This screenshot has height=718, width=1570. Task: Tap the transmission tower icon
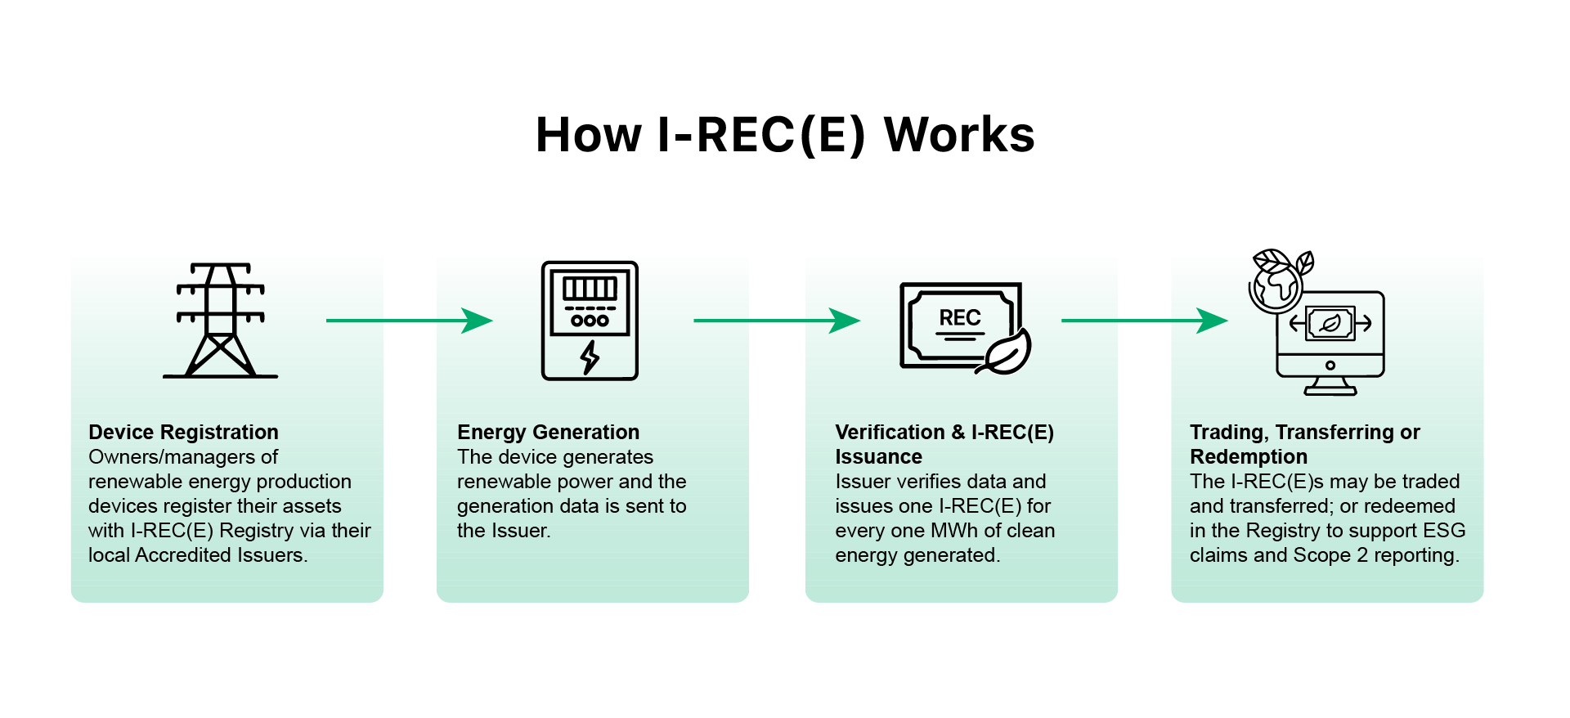(x=221, y=321)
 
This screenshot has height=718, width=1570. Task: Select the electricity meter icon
(x=590, y=321)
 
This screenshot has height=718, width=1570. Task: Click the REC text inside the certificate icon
(x=960, y=317)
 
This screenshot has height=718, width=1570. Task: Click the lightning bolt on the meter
(x=590, y=357)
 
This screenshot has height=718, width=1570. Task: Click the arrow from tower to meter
(x=410, y=321)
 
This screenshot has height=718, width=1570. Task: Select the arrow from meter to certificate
(x=777, y=321)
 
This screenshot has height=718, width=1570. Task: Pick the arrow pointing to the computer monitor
(x=1145, y=321)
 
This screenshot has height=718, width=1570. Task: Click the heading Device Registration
(x=183, y=432)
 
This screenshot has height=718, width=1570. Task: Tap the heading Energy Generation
(x=548, y=432)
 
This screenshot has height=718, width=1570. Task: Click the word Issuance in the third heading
(x=878, y=456)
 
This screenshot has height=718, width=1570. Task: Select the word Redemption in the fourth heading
(x=1248, y=456)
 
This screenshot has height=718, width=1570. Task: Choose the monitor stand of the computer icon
(x=1330, y=386)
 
